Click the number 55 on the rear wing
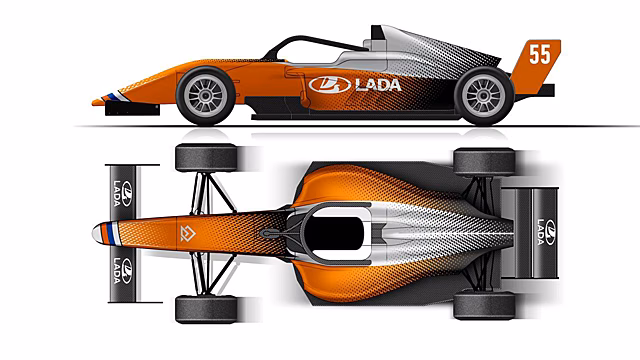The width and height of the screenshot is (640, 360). coord(540,54)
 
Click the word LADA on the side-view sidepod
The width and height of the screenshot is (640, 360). coord(378,85)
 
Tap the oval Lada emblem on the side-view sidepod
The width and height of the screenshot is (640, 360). coord(330,85)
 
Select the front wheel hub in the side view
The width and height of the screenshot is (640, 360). coord(205,96)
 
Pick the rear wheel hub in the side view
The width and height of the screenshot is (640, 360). coord(484,96)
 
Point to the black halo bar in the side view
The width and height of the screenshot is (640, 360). coord(310,42)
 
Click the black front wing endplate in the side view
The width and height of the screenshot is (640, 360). coord(132,109)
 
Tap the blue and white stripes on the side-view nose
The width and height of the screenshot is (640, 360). coord(116,97)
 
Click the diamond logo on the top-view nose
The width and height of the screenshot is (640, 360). coord(188,233)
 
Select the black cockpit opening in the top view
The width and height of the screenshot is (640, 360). coord(334,233)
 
